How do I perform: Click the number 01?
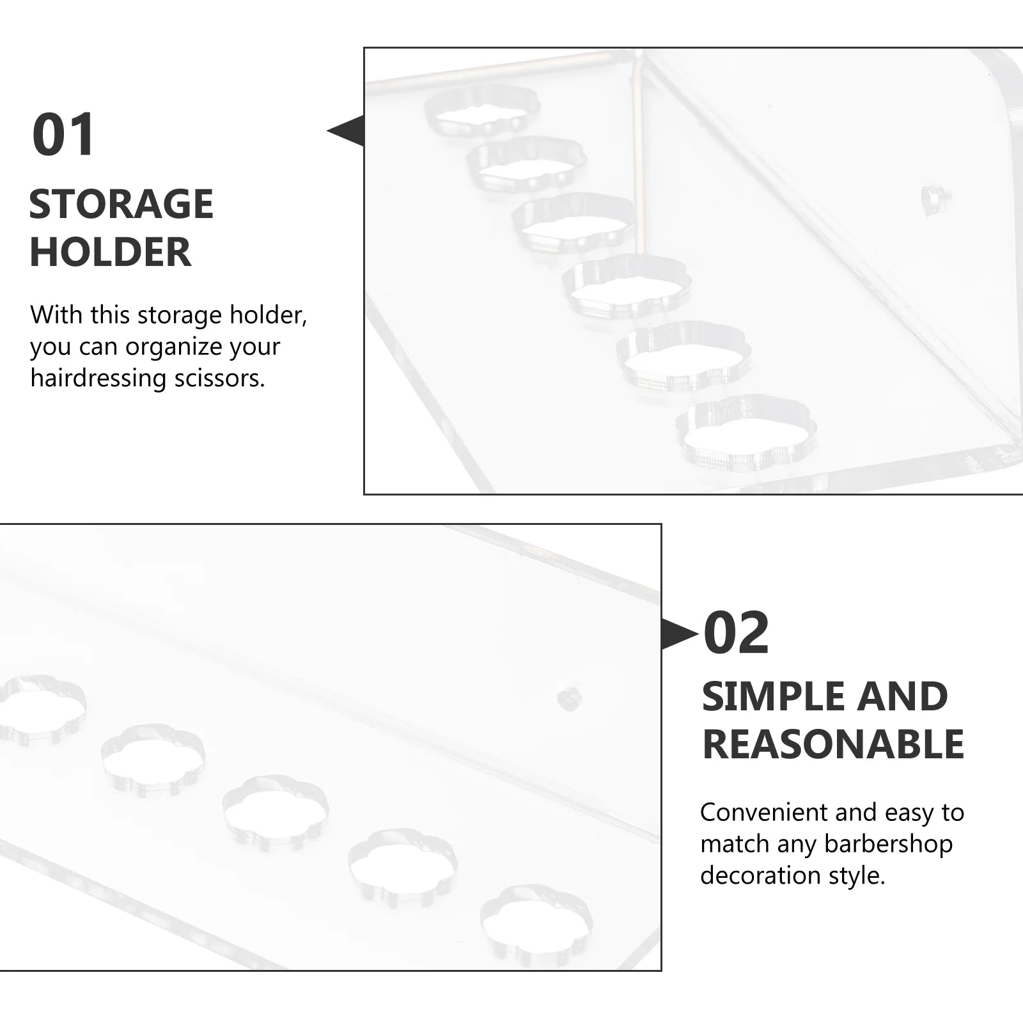pos(63,134)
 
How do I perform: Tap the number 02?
pos(736,633)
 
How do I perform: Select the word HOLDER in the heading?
pos(110,252)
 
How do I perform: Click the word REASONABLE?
pos(833,744)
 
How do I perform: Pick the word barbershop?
pos(889,844)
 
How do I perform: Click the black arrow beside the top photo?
pos(345,131)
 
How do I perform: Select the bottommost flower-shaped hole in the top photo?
pos(746,433)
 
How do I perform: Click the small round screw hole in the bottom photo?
pos(566,699)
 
